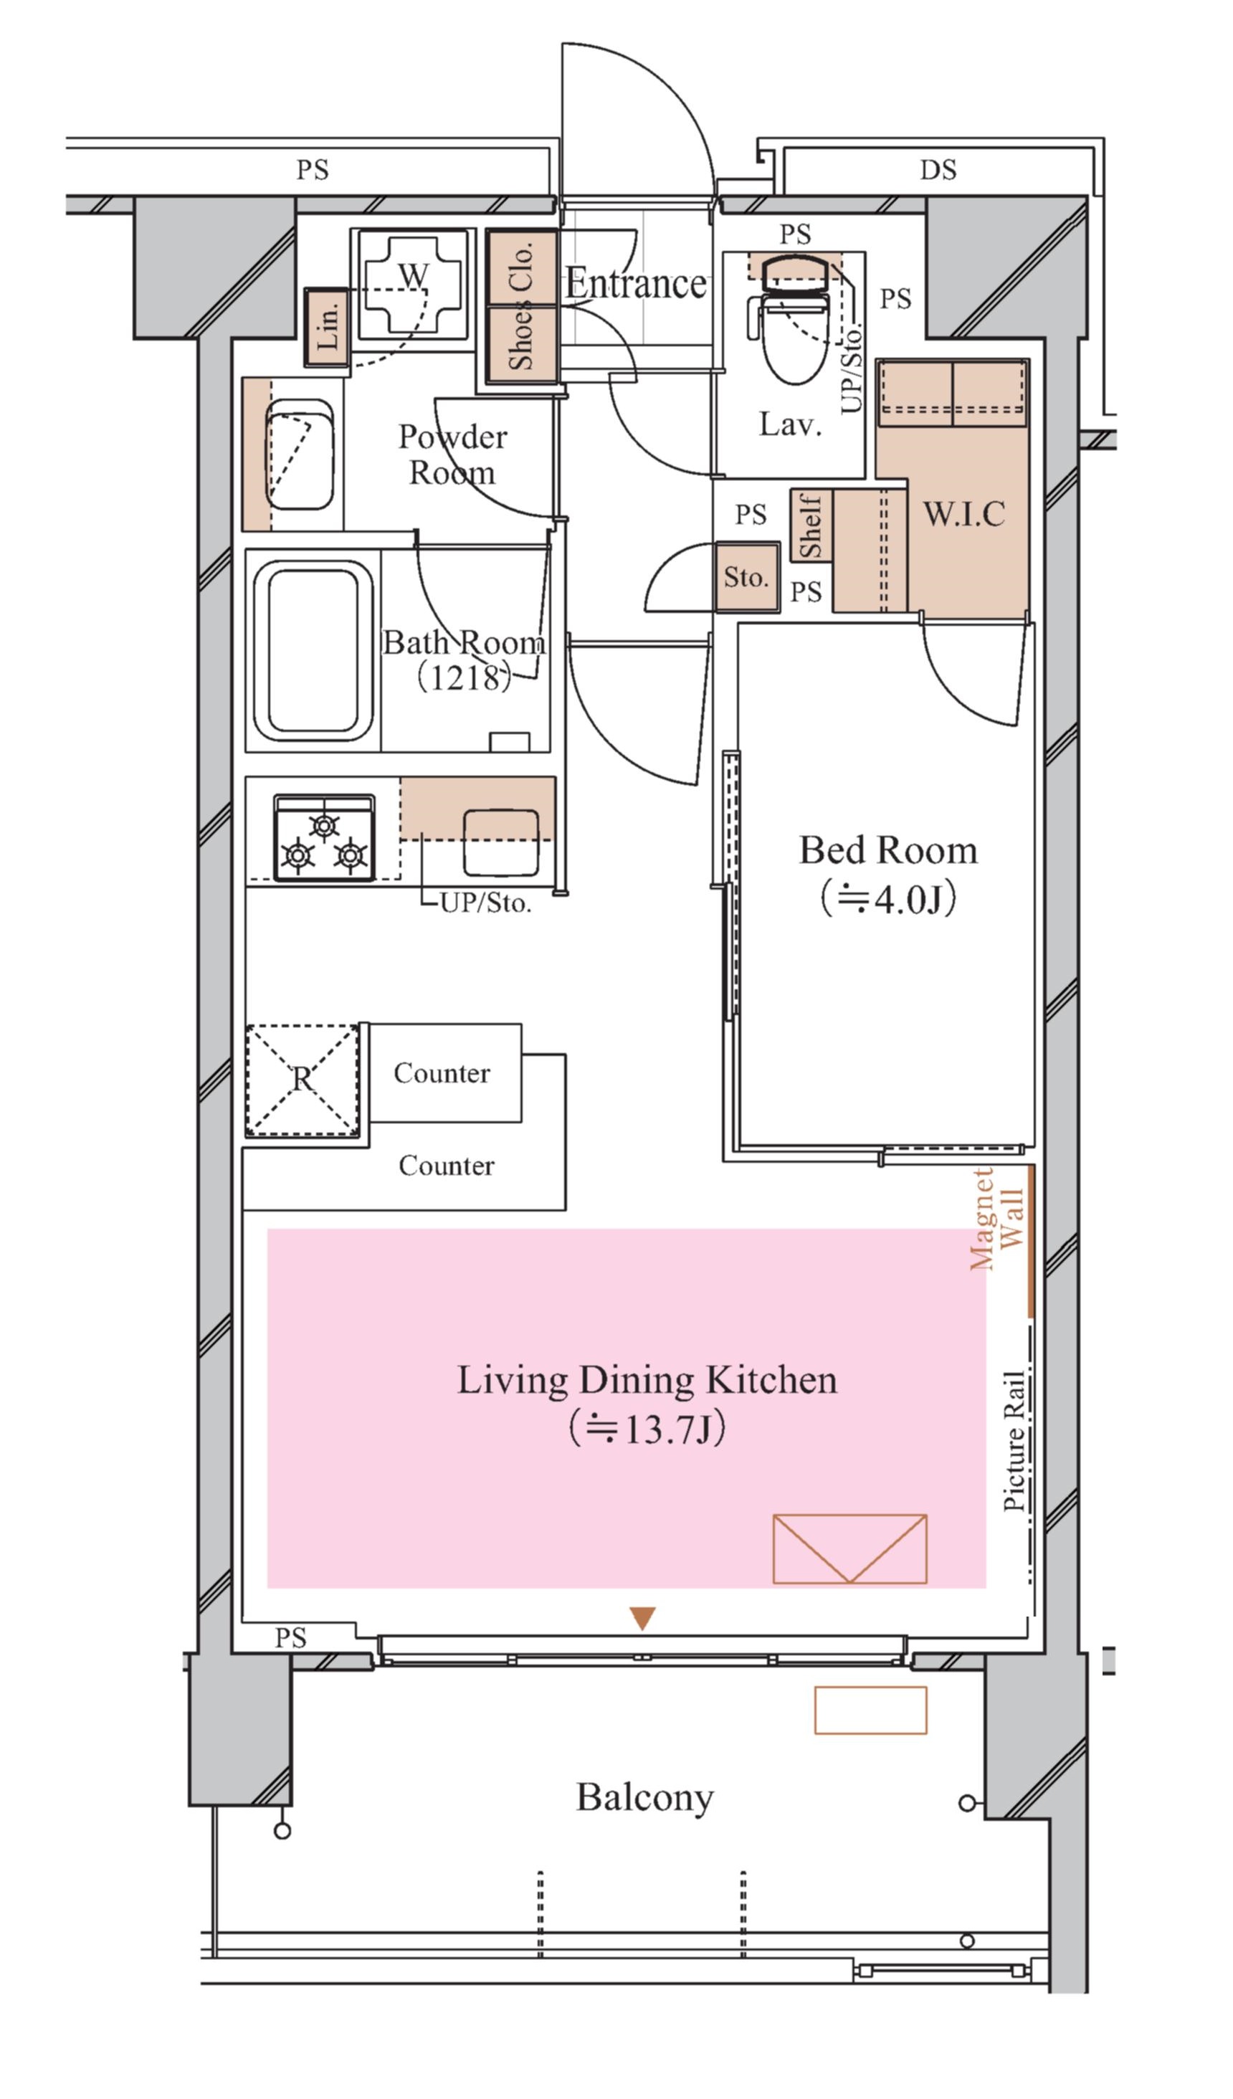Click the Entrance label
(x=636, y=284)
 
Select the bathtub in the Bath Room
(x=313, y=650)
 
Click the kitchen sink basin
(x=500, y=842)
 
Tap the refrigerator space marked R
(x=303, y=1080)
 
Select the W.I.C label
(x=964, y=514)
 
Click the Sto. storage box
(x=747, y=577)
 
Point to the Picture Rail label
(x=1014, y=1441)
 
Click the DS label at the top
(x=938, y=170)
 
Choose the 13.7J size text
(x=647, y=1429)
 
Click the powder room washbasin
(x=299, y=454)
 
